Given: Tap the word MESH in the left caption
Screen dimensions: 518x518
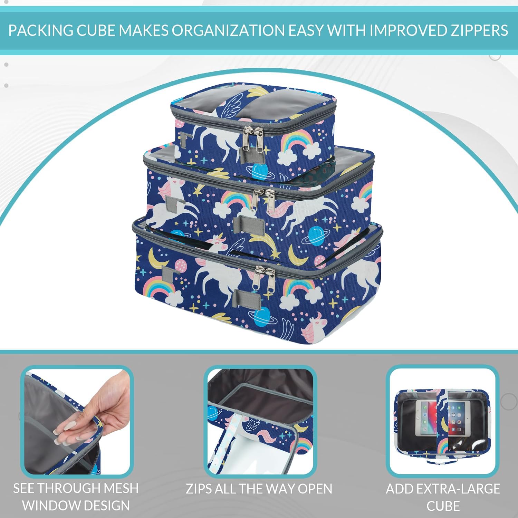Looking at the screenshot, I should (x=121, y=488).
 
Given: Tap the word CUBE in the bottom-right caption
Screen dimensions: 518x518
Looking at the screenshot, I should (x=443, y=506).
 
